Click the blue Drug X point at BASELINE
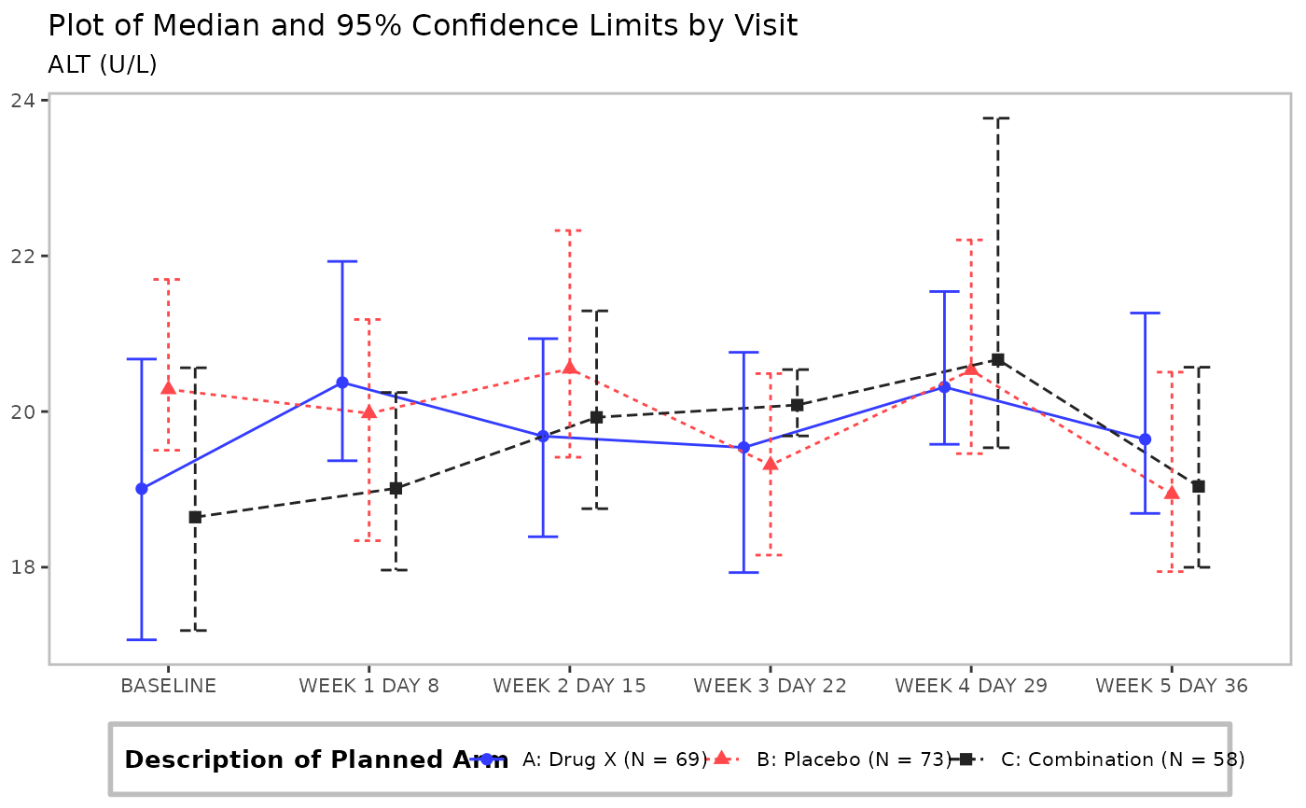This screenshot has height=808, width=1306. coord(142,489)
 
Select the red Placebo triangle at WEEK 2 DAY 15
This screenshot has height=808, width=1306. coord(570,368)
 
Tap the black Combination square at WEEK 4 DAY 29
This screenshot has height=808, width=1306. coord(997,360)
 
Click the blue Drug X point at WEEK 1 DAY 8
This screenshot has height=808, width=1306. coord(342,383)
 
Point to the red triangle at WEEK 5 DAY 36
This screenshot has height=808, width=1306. coord(1172,493)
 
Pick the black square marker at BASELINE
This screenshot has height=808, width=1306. coord(195,517)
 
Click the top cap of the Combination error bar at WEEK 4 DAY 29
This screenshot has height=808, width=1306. coord(997,118)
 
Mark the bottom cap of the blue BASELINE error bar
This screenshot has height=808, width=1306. coord(142,640)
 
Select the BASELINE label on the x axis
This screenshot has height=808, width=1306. coord(168,686)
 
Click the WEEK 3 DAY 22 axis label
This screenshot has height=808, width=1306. coord(770,686)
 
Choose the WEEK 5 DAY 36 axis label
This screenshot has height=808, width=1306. coord(1171,686)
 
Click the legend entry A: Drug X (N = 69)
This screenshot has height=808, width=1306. coord(614,759)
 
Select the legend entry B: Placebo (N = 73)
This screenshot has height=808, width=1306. coord(853,759)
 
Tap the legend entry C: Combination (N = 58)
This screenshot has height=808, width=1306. coord(1122,759)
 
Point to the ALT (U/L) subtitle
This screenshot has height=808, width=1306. coord(102,64)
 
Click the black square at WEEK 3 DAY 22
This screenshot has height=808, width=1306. coord(797,405)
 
